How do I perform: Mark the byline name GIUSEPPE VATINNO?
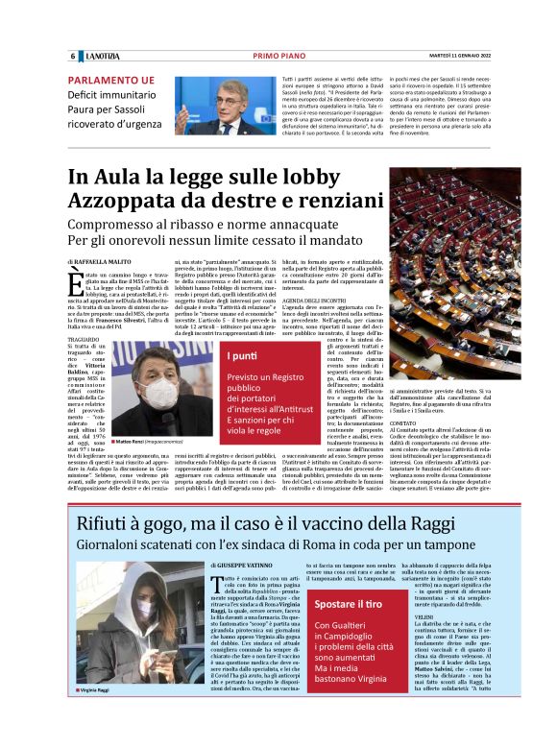pyautogui.click(x=238, y=568)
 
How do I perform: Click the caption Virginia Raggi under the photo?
pyautogui.click(x=100, y=716)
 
